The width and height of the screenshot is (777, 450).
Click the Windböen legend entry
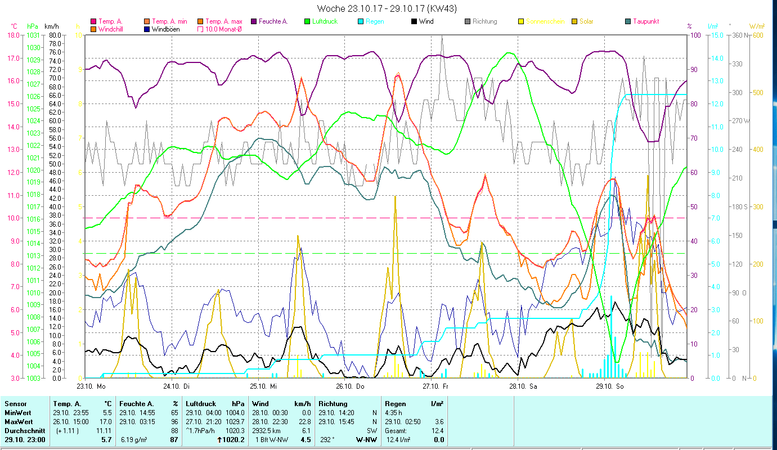[164, 29]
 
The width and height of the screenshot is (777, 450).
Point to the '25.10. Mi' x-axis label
[265, 386]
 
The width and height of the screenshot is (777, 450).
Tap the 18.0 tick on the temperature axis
[14, 35]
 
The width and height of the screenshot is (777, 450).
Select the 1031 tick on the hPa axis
[33, 35]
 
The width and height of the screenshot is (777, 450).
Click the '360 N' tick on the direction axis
[739, 35]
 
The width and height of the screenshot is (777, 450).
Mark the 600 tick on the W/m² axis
[758, 35]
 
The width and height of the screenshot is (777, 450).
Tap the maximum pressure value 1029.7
[234, 421]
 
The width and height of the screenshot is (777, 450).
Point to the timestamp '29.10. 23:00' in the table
[25, 439]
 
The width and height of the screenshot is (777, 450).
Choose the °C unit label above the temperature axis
[14, 26]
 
